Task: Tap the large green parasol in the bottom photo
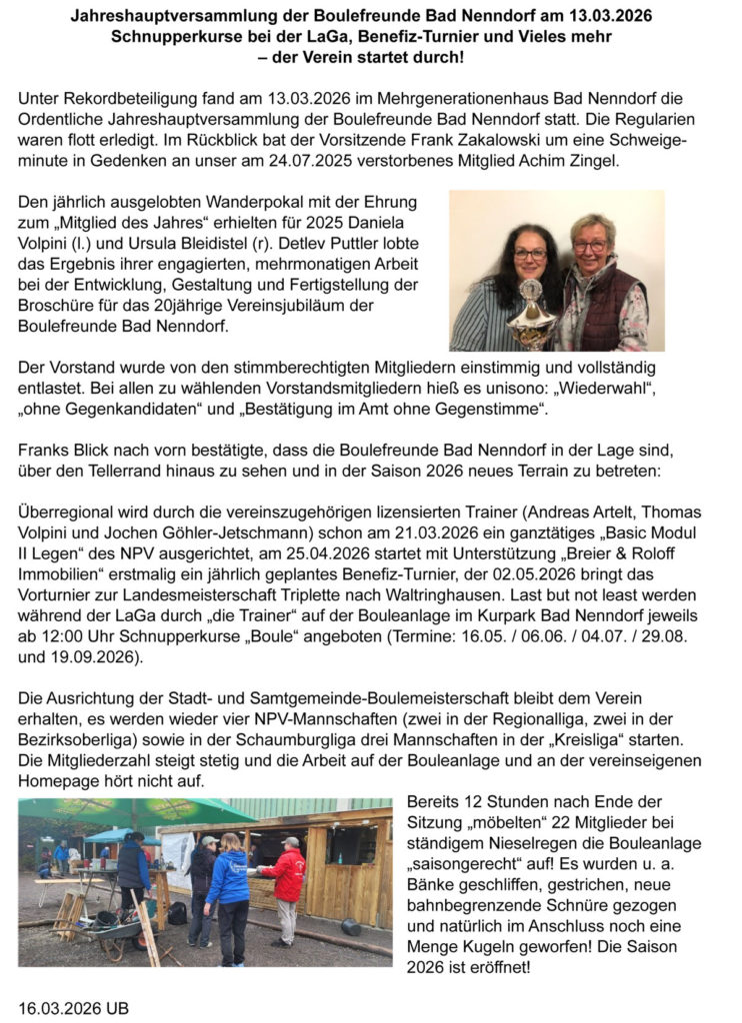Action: coord(120,811)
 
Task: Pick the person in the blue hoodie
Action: coord(228,884)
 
